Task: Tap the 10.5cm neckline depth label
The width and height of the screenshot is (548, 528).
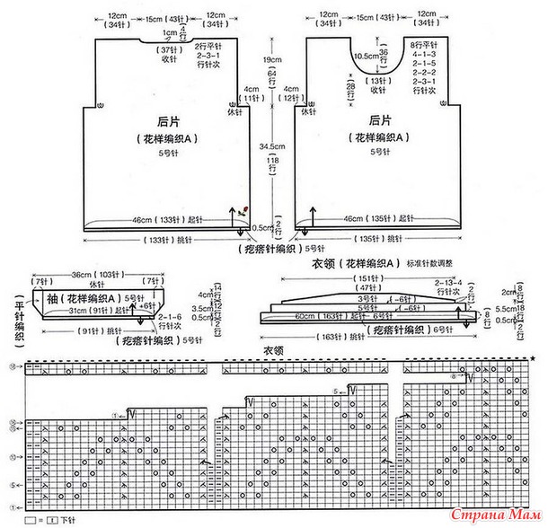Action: (x=365, y=57)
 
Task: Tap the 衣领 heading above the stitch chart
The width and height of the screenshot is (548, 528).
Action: (x=272, y=350)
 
